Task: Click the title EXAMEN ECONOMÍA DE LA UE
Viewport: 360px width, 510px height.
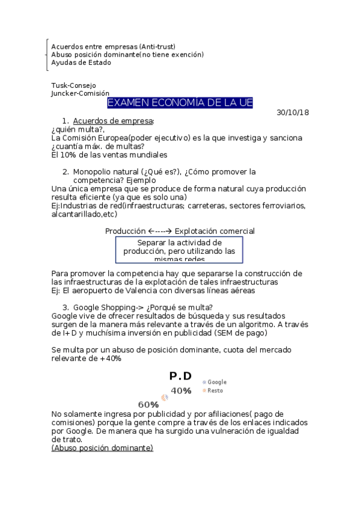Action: (180, 103)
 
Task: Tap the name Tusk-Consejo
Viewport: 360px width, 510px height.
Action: (73, 85)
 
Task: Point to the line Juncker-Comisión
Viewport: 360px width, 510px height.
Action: (80, 93)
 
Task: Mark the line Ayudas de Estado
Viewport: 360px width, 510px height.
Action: (81, 62)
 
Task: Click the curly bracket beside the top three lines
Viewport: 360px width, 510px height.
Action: (47, 54)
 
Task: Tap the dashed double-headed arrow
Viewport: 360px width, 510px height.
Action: (160, 231)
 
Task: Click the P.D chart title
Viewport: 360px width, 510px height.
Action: (180, 376)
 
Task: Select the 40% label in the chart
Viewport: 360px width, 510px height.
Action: (181, 391)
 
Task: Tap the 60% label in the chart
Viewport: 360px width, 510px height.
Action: (148, 404)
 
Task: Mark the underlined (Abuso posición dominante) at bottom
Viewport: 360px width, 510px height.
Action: (102, 447)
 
